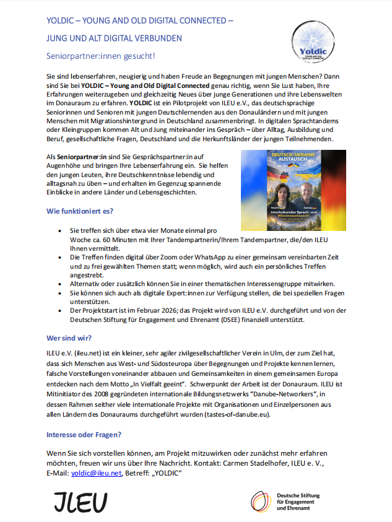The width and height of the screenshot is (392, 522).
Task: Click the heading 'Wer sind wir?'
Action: point(69,338)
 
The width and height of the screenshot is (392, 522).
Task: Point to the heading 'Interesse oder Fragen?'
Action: point(84,434)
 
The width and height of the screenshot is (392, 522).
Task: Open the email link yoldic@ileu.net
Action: point(96,473)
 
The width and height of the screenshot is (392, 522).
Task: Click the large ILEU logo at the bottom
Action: point(80,501)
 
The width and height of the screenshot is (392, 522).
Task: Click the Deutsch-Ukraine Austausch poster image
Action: point(294,190)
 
